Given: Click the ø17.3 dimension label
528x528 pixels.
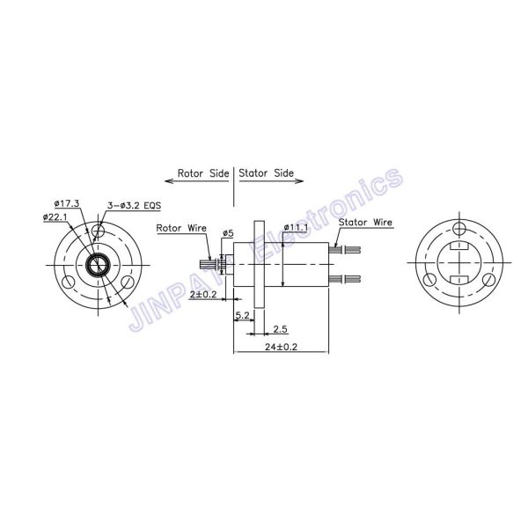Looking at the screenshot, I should click(65, 204).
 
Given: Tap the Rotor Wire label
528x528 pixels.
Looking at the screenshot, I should click(181, 228).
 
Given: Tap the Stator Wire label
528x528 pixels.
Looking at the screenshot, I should click(365, 224).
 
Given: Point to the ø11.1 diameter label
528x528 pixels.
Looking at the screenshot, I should click(296, 227).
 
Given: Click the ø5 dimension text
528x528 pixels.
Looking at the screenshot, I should click(228, 233).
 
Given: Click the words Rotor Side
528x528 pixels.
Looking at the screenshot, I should click(204, 173).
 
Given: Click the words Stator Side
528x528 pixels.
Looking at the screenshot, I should click(266, 173).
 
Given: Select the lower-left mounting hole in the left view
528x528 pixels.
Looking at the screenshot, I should click(67, 281).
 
